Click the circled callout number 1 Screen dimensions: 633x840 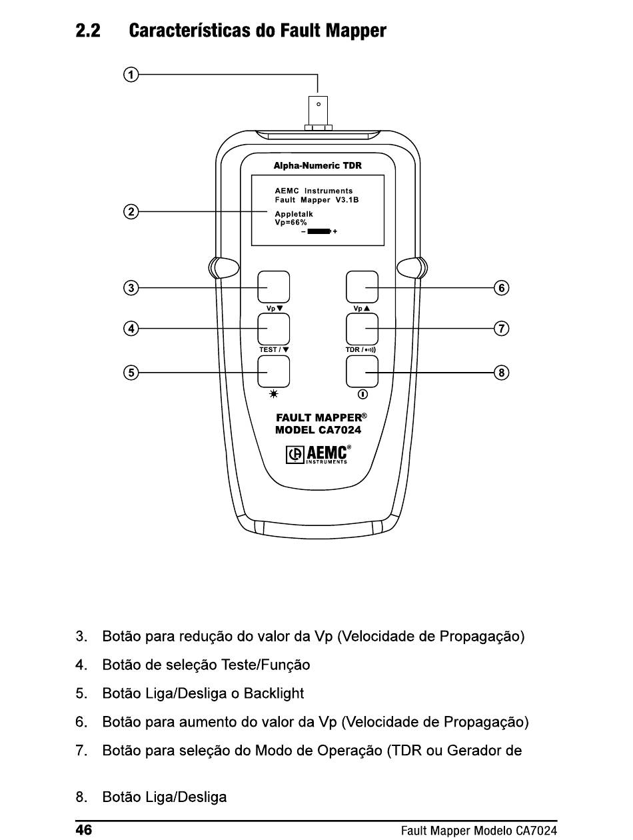pyautogui.click(x=131, y=74)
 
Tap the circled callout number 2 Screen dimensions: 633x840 pyautogui.click(x=131, y=211)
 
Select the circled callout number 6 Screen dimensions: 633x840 pyautogui.click(x=502, y=288)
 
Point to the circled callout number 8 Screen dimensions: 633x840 pyautogui.click(x=502, y=373)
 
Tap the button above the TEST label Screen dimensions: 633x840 pyautogui.click(x=273, y=329)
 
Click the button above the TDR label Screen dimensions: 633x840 pyautogui.click(x=362, y=329)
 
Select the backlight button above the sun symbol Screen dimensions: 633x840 pyautogui.click(x=273, y=371)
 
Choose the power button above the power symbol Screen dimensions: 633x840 pyautogui.click(x=362, y=371)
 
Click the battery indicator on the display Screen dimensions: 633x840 pyautogui.click(x=319, y=231)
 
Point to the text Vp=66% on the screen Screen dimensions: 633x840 pyautogui.click(x=291, y=223)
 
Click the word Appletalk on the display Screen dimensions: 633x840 pyautogui.click(x=294, y=214)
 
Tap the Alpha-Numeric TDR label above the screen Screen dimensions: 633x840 pyautogui.click(x=317, y=166)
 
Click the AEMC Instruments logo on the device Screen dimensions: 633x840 pyautogui.click(x=318, y=455)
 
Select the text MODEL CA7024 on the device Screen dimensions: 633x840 pyautogui.click(x=318, y=430)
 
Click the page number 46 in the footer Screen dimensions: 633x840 pyautogui.click(x=84, y=830)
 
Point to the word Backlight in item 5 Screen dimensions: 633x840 pyautogui.click(x=273, y=693)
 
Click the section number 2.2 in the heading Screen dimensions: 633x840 pyautogui.click(x=88, y=31)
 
